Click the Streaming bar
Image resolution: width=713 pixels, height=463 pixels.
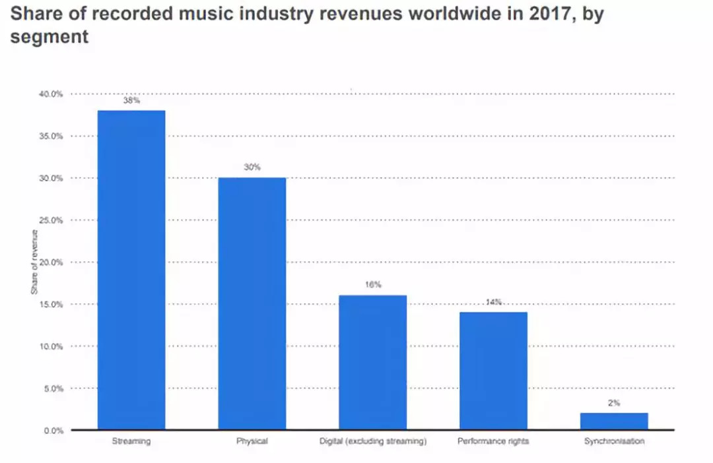pyautogui.click(x=131, y=270)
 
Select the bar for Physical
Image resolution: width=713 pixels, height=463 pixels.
pyautogui.click(x=252, y=304)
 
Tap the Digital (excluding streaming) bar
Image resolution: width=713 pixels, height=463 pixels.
pyautogui.click(x=373, y=363)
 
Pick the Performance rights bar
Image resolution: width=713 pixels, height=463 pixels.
pyautogui.click(x=493, y=371)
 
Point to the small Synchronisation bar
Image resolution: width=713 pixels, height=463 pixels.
pyautogui.click(x=614, y=421)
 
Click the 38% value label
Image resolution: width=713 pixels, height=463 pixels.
pyautogui.click(x=131, y=101)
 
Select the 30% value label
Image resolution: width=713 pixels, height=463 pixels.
pyautogui.click(x=252, y=168)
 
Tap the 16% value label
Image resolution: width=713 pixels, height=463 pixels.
pyautogui.click(x=373, y=285)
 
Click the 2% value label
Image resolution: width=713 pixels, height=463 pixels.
pyautogui.click(x=614, y=403)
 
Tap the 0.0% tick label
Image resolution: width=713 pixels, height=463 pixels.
pyautogui.click(x=52, y=431)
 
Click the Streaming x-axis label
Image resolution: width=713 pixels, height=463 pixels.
pyautogui.click(x=131, y=441)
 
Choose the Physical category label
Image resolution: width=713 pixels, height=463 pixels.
pyautogui.click(x=252, y=441)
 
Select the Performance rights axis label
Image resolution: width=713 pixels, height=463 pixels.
pyautogui.click(x=493, y=441)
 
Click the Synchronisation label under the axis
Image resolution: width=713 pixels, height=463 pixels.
pyautogui.click(x=614, y=441)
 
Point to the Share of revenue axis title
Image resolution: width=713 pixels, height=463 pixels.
pyautogui.click(x=34, y=262)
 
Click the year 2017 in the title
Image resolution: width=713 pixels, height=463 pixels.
pyautogui.click(x=553, y=15)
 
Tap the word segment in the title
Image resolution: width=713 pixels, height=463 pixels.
pyautogui.click(x=49, y=37)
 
